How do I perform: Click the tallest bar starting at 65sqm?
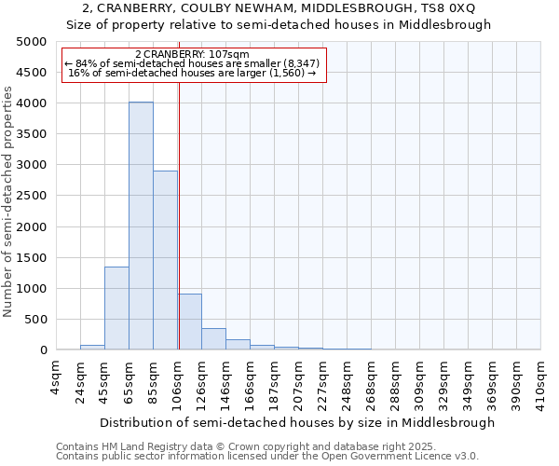click(x=141, y=226)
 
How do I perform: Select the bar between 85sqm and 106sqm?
click(x=165, y=260)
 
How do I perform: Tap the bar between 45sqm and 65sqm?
click(x=116, y=308)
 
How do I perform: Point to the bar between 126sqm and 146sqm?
click(x=213, y=339)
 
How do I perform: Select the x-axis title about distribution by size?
click(x=297, y=422)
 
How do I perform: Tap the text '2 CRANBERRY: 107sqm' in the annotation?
click(x=192, y=54)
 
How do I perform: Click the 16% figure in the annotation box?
click(x=78, y=73)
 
